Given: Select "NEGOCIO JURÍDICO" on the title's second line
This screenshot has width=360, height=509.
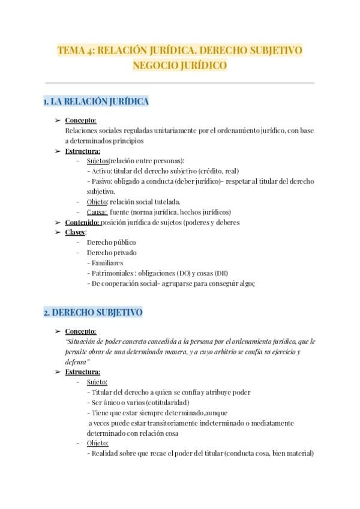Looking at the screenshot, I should (179, 65).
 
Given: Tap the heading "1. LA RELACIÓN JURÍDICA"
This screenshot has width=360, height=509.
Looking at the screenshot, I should (96, 101).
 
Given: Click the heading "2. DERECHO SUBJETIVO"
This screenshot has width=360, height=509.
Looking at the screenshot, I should (92, 313).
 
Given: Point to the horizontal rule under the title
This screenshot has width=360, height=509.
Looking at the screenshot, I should (179, 83).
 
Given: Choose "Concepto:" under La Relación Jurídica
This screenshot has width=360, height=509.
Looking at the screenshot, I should (80, 120).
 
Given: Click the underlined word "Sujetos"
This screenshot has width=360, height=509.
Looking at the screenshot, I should (97, 161).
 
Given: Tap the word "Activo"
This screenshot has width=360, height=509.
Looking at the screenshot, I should (99, 171).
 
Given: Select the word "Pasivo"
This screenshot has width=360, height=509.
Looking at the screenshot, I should (100, 181).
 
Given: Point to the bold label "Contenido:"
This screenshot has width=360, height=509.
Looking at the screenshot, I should (83, 222).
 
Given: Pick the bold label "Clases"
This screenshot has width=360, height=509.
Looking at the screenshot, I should (76, 232).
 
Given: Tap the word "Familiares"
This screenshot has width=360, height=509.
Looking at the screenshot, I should (106, 263).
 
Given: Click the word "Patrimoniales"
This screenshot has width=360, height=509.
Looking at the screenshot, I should (112, 273).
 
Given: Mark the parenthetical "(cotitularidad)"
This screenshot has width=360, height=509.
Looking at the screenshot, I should (162, 402).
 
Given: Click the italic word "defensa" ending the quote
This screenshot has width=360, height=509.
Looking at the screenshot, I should (76, 361).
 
